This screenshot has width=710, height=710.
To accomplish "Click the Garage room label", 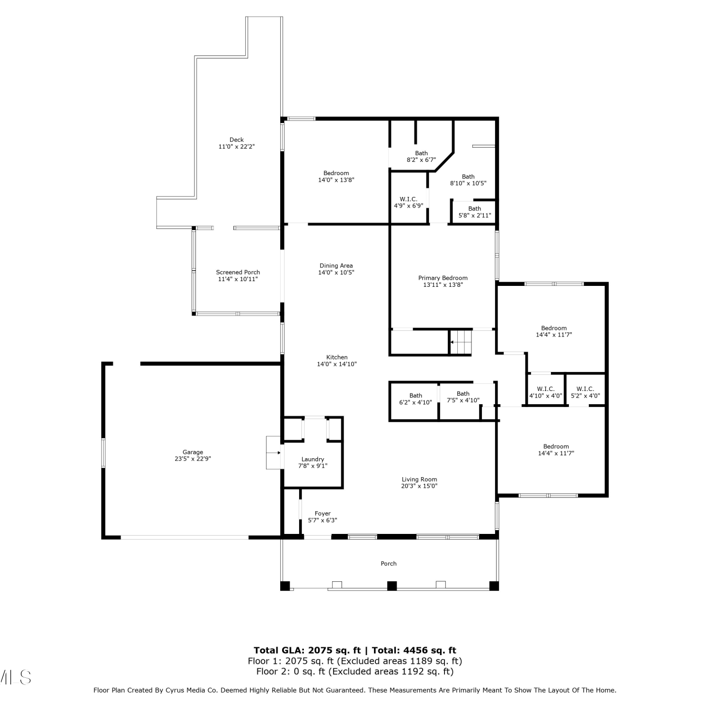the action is tap(193, 452).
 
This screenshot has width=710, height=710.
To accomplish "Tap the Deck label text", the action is tap(237, 140).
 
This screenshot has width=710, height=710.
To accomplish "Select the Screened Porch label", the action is tap(238, 272).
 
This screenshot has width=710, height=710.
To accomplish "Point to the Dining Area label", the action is tap(336, 266).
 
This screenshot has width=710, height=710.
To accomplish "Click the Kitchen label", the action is tap(337, 357).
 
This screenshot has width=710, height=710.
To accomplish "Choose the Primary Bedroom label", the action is tap(443, 278).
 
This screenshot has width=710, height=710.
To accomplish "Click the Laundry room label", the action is tap(313, 459).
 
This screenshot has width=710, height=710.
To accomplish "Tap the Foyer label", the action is tap(323, 514).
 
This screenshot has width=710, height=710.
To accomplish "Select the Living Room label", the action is tap(419, 479).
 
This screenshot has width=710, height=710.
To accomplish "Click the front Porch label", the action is tap(389, 563).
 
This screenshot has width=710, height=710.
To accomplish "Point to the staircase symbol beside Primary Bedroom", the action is tap(461, 342).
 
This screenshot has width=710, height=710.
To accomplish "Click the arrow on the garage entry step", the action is tap(274, 453).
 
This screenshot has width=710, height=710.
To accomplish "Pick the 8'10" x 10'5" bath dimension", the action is tap(468, 183).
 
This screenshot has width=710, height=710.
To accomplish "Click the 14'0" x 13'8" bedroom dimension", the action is tap(336, 180).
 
